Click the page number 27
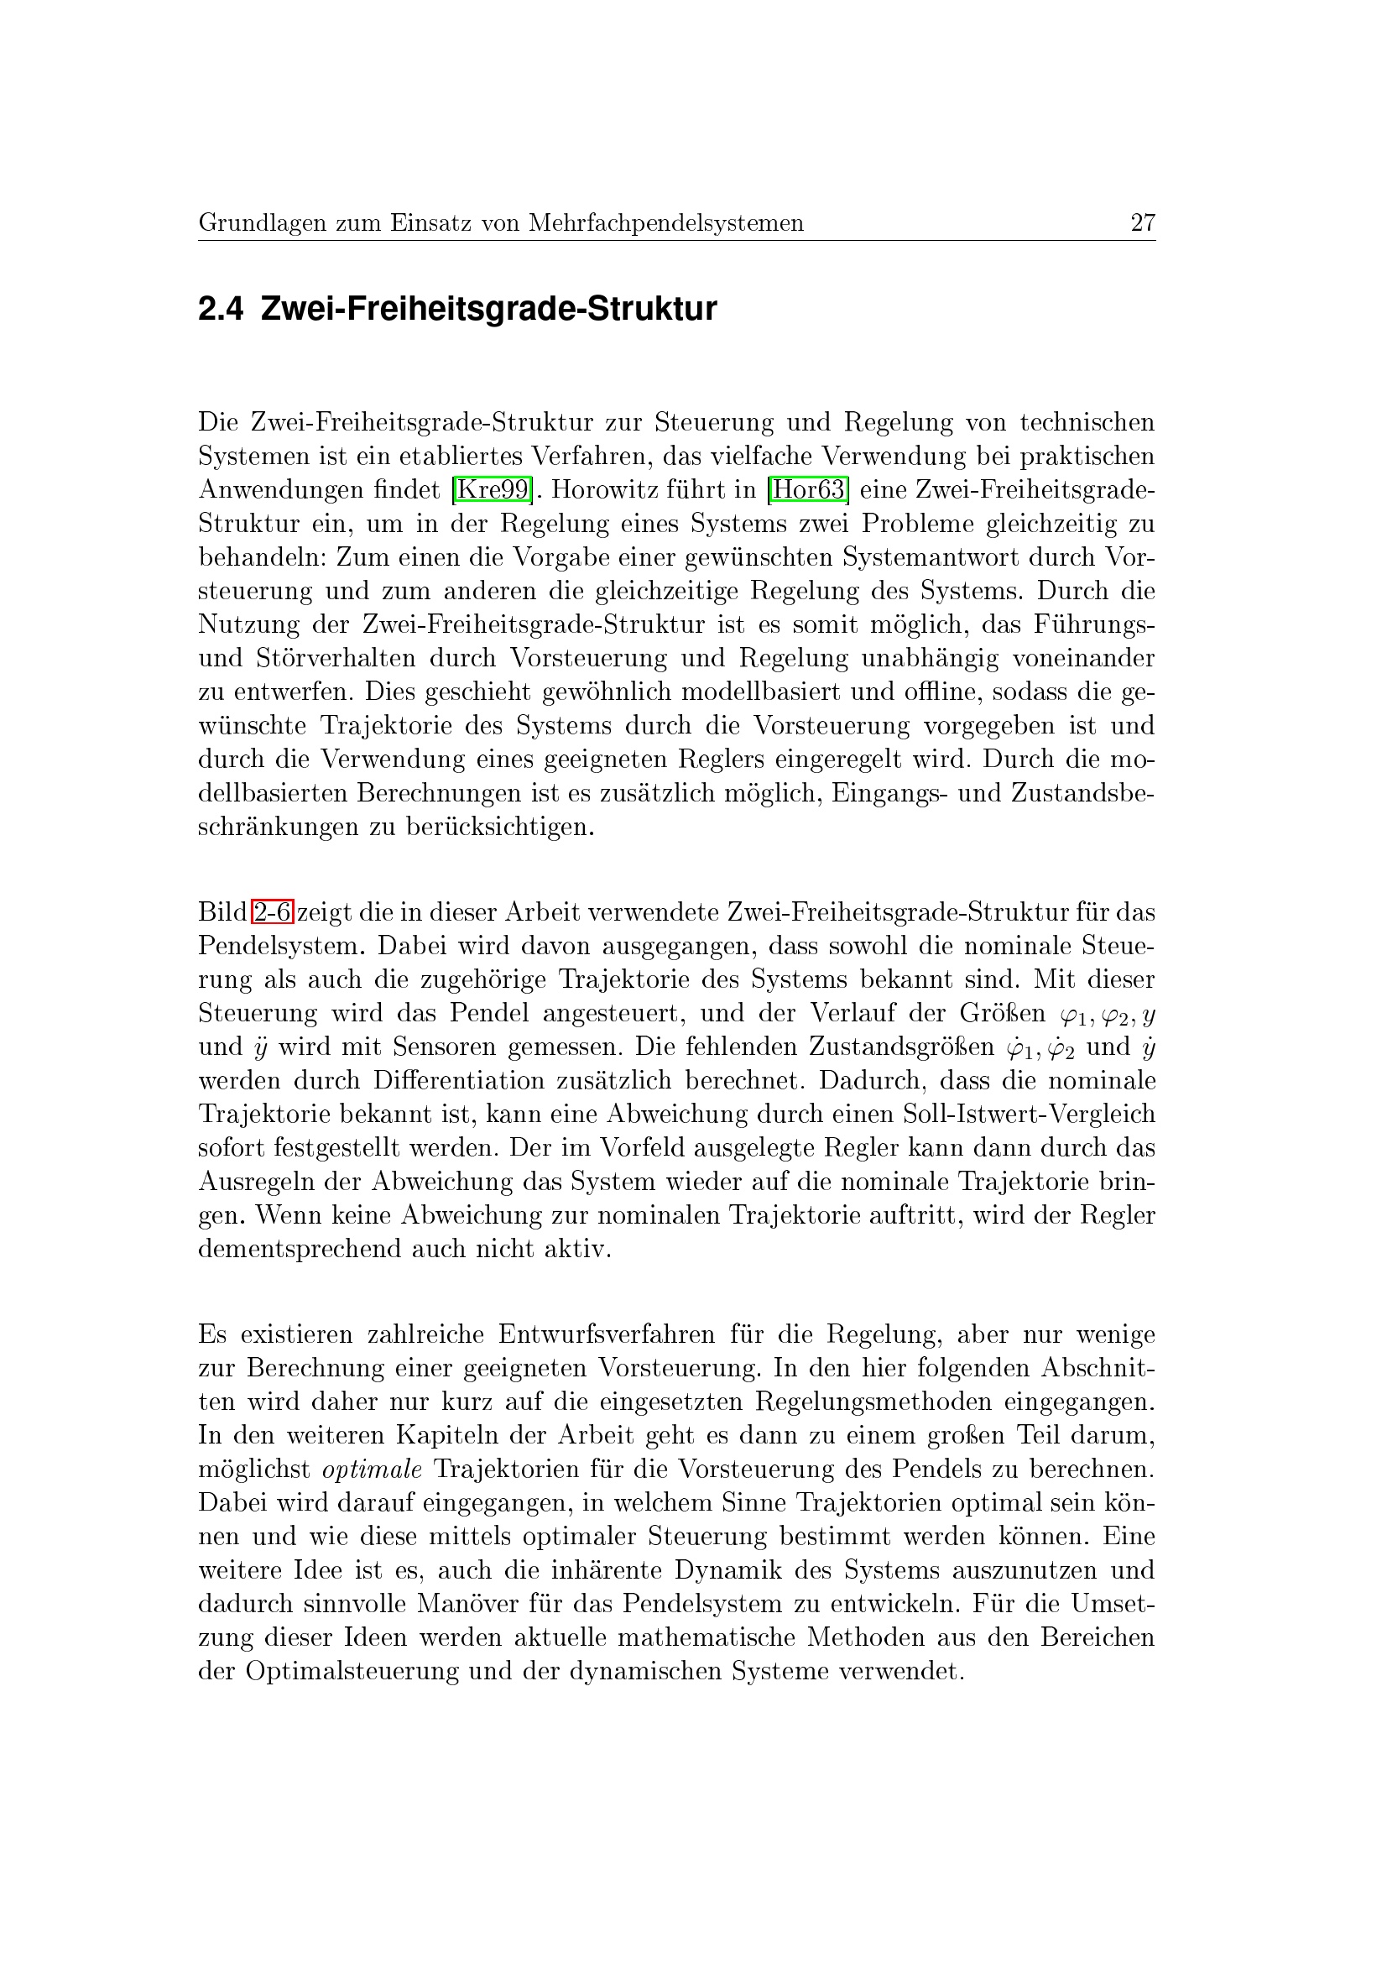coord(1143,223)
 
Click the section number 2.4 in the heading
coord(221,310)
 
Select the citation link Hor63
coord(807,490)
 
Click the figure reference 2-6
coord(273,912)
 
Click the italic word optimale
coord(372,1469)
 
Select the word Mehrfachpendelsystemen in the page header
coord(665,223)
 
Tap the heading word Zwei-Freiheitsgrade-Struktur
coord(488,310)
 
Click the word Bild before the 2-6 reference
coord(222,912)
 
